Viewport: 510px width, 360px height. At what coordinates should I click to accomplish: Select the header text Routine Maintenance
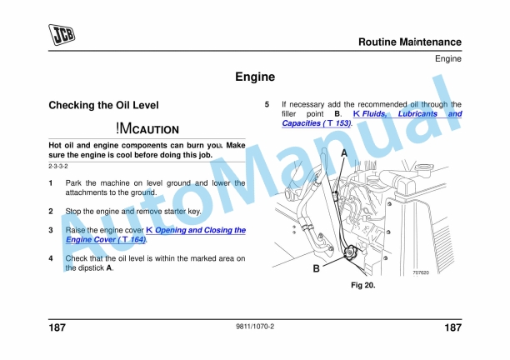click(x=409, y=42)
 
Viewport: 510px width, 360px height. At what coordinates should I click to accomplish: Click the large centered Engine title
click(x=254, y=77)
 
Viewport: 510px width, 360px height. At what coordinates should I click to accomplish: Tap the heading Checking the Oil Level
click(x=103, y=106)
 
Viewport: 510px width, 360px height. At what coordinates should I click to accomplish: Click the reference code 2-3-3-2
click(x=58, y=167)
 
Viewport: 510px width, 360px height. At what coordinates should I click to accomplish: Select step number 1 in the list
click(x=52, y=182)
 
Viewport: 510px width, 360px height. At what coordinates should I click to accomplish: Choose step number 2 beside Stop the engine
click(x=52, y=212)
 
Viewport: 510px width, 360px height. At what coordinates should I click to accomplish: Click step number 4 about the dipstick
click(x=52, y=259)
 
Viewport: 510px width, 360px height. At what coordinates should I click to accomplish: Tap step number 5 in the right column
click(x=267, y=104)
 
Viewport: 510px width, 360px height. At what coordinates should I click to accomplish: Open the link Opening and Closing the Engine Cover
click(x=196, y=230)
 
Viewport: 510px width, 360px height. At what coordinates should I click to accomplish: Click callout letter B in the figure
click(x=316, y=269)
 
